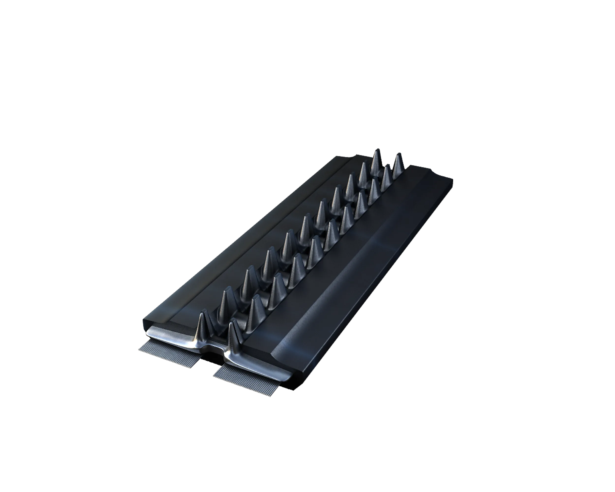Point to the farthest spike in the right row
coord(397,165)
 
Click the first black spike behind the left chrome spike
coord(227,302)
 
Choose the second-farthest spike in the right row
coord(386,175)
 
